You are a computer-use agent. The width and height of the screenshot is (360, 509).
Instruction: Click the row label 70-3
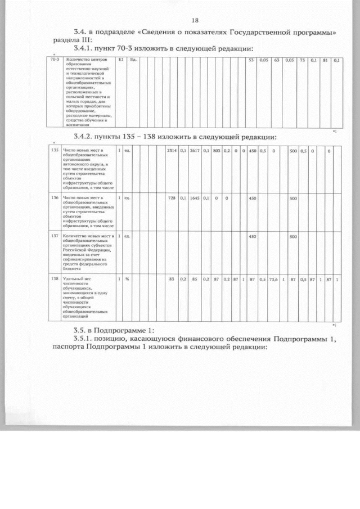pos(55,60)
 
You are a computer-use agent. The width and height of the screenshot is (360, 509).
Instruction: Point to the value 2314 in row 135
pos(172,151)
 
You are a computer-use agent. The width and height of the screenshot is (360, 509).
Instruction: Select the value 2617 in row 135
pos(195,151)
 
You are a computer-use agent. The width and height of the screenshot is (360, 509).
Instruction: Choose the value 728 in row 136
pos(172,198)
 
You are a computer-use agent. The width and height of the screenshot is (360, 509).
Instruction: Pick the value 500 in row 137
pos(292,237)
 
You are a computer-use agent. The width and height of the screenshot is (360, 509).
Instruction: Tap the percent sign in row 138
pos(127,279)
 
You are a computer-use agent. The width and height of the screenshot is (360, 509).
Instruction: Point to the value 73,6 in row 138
pos(273,279)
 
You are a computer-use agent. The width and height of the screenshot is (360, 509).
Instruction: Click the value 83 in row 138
pos(172,279)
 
